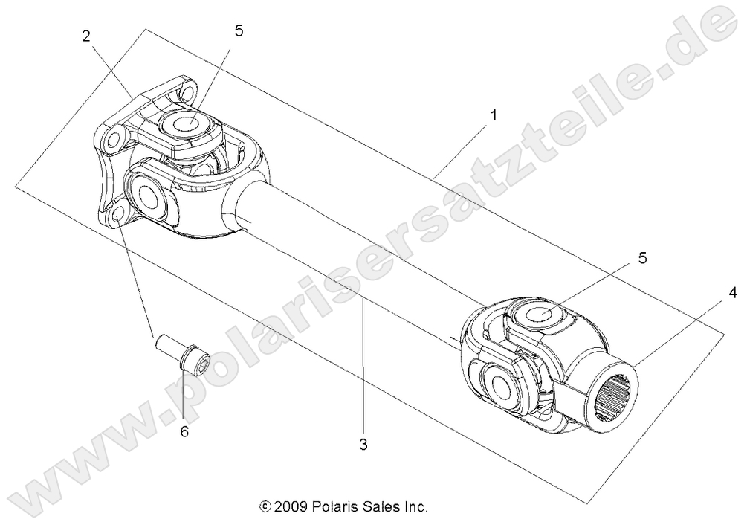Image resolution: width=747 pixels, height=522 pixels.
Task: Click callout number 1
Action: coord(493,116)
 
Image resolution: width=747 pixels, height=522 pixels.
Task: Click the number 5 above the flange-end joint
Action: coord(238,30)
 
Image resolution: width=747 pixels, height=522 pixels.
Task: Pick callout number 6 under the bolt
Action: coord(184,431)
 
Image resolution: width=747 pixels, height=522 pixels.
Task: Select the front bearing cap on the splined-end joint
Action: coord(498,385)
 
